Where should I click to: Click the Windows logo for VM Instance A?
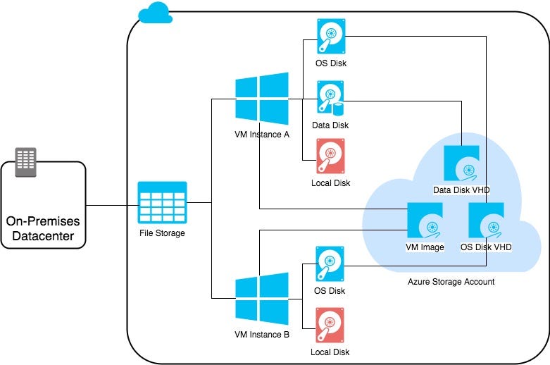pos(262,99)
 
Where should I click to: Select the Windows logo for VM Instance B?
pos(262,299)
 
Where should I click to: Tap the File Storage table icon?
pos(162,203)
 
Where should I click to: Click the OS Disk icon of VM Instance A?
pos(330,36)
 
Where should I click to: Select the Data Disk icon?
pos(330,98)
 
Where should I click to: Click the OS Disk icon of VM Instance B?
pos(330,264)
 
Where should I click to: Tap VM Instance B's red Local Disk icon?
pos(330,325)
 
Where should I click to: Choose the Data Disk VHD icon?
pos(461,163)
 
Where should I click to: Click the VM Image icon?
pos(425,221)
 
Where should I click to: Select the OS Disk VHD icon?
pos(486,221)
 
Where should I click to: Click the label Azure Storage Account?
pos(451,282)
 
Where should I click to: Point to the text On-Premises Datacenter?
pos(43,228)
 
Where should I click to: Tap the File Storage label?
pos(162,233)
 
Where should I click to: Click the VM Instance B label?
pos(262,334)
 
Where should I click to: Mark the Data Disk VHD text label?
pos(461,191)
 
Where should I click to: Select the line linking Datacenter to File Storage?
pos(111,206)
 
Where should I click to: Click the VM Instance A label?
pos(262,134)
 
